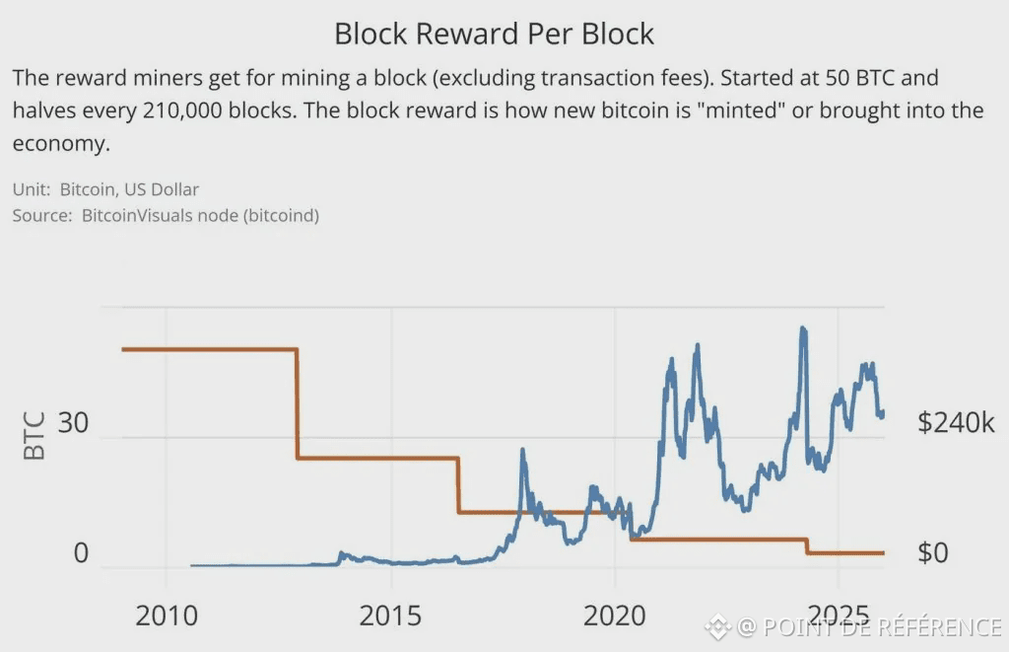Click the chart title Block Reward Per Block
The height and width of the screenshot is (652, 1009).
(x=494, y=34)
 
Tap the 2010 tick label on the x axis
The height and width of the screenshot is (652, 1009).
(x=167, y=616)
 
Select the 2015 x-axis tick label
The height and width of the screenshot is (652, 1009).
(x=392, y=616)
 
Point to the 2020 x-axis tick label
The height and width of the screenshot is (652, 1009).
(x=615, y=616)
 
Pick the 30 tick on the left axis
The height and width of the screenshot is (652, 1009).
(x=73, y=424)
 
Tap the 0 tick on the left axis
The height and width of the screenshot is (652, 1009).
(x=81, y=553)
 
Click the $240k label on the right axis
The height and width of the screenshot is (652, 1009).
(x=956, y=424)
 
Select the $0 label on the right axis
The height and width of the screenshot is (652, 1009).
(x=932, y=553)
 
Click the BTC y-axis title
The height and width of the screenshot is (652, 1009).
(x=34, y=437)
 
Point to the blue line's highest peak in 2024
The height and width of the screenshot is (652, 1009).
(x=803, y=328)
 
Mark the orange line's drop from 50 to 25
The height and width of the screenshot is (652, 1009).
(x=298, y=403)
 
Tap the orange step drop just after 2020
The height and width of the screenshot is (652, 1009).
(x=630, y=526)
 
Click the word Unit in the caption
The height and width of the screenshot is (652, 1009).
(x=30, y=188)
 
